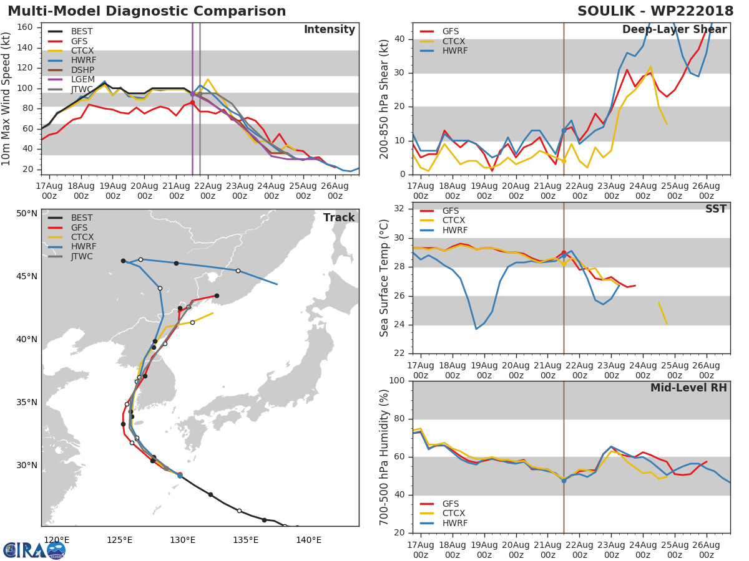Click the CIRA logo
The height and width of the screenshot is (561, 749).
point(34,550)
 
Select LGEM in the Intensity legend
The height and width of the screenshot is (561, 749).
point(83,79)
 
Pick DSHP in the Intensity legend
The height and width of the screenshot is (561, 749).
point(82,70)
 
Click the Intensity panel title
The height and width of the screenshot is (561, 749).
point(330,30)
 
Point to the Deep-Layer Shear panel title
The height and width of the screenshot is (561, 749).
point(674,30)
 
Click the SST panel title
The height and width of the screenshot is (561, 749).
point(716,209)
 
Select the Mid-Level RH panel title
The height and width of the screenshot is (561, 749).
point(688,388)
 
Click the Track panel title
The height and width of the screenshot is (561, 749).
point(339,218)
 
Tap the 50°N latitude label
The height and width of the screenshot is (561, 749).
point(27,214)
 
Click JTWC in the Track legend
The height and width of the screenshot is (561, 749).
point(82,256)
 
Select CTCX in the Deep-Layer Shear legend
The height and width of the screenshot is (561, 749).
point(454,41)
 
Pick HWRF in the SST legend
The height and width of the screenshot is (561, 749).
point(455,230)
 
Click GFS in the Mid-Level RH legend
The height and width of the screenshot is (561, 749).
point(451,504)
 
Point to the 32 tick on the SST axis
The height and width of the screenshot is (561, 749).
point(399,208)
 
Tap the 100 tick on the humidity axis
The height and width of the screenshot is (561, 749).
point(396,380)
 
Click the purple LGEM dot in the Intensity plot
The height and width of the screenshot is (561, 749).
point(192,93)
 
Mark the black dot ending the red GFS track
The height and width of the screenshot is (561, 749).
point(217,295)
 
